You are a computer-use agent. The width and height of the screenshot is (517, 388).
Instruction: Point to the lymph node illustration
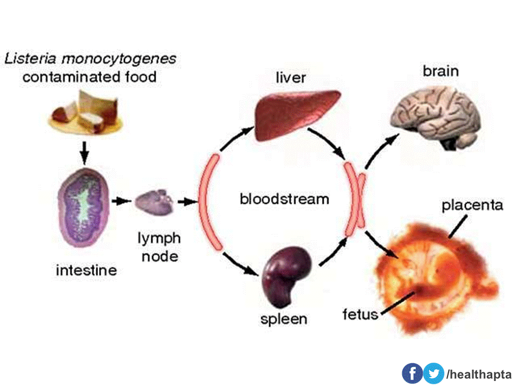pos(154,203)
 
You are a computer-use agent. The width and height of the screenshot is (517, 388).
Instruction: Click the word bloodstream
pos(284,199)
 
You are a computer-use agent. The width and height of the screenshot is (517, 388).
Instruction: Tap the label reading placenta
pos(472,205)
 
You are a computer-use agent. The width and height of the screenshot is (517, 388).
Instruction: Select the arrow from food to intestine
pos(84,151)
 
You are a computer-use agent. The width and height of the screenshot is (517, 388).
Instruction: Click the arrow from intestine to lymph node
pos(121,202)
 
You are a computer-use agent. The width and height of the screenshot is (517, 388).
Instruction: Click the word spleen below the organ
pos(284,318)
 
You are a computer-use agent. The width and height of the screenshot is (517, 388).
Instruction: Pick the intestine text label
pos(86,269)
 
